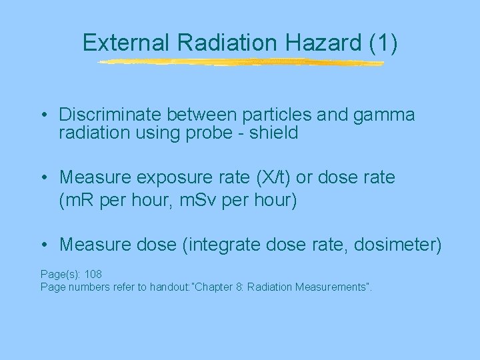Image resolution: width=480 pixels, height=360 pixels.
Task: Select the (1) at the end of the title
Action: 383,43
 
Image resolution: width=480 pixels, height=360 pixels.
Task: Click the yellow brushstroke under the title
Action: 240,63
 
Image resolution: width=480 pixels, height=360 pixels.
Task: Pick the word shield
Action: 275,133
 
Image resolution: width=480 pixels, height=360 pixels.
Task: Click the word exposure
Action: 173,179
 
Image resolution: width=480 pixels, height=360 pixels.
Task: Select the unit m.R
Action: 77,200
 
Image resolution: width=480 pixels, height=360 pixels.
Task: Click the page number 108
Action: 93,274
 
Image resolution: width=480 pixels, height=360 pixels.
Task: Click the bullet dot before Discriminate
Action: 43,116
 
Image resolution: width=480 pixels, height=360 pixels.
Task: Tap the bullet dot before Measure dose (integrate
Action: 43,245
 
